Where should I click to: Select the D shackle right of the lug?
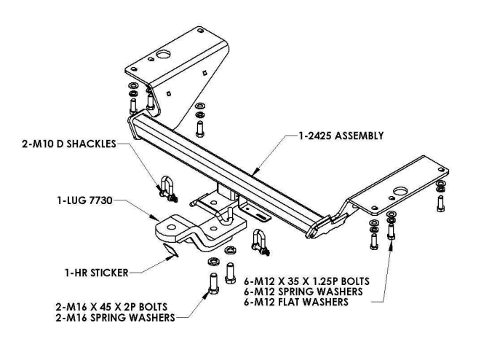(x=259, y=241)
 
